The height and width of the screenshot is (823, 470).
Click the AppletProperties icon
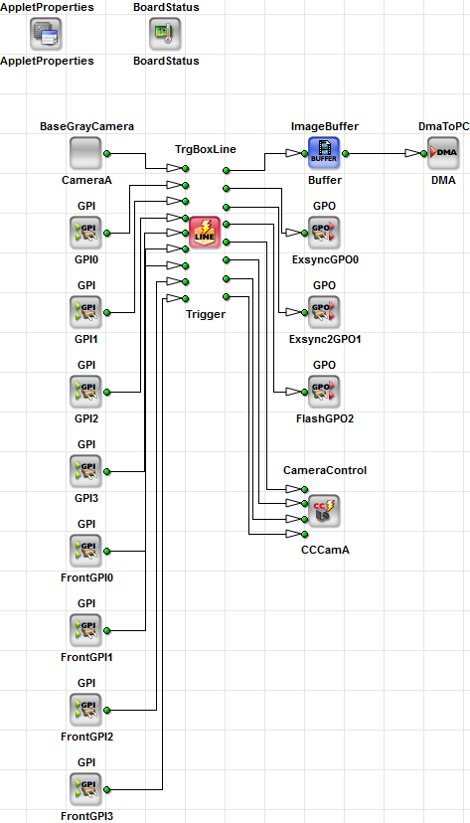(x=47, y=35)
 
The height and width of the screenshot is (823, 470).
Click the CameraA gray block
(x=86, y=154)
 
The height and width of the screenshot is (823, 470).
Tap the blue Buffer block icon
(x=325, y=154)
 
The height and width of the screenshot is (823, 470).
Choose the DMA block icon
(x=443, y=154)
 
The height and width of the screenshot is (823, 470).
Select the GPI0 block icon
(x=86, y=234)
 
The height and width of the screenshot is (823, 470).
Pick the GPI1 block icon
(x=86, y=313)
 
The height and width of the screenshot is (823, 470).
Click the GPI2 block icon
(x=86, y=393)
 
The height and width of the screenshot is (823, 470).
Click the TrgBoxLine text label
(x=206, y=149)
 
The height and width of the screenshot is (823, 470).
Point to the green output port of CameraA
(x=107, y=154)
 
